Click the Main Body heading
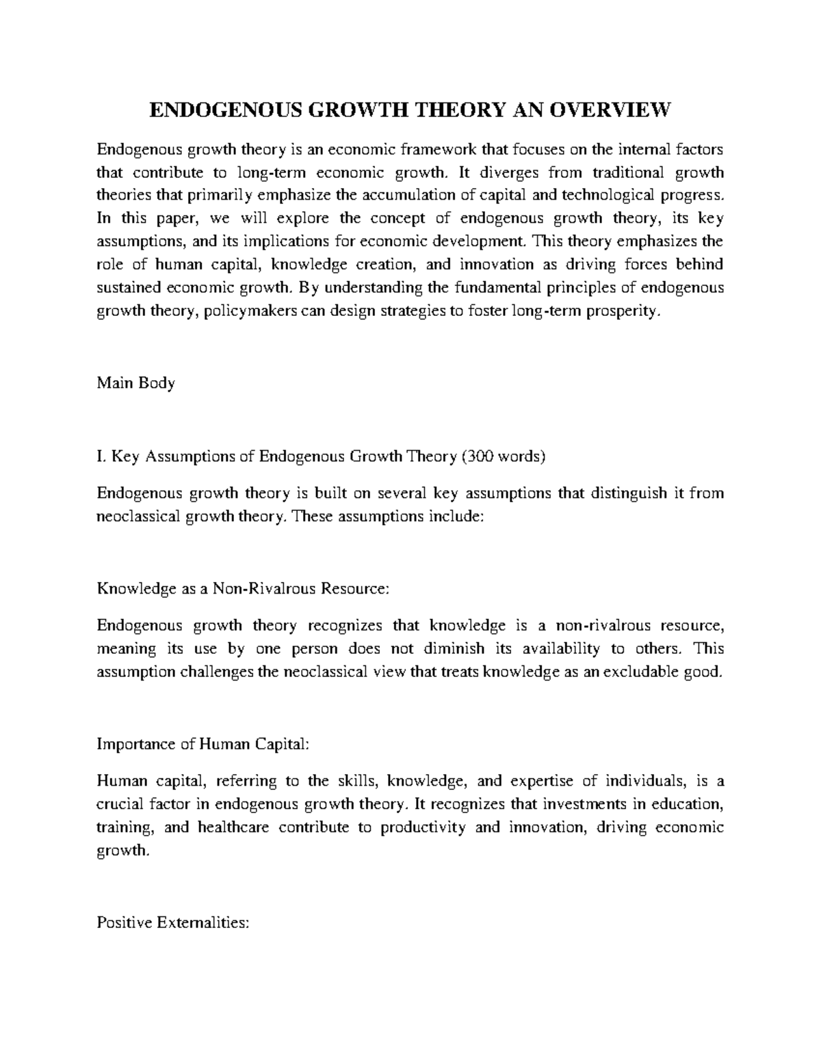coord(136,383)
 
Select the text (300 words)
coord(503,457)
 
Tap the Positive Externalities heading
coord(172,923)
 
